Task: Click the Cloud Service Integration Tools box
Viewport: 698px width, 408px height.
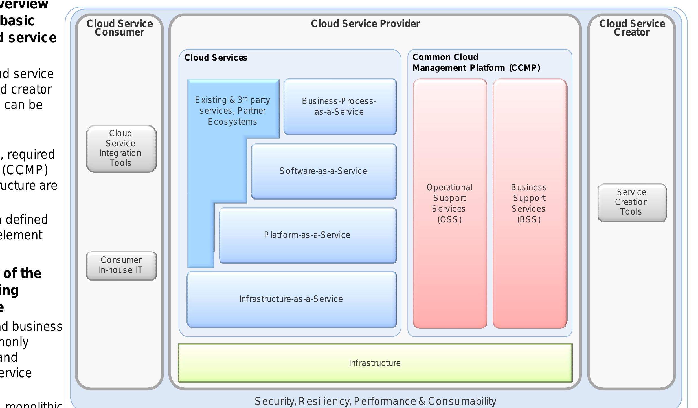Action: click(x=121, y=149)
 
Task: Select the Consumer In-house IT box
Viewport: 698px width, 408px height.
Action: click(x=121, y=265)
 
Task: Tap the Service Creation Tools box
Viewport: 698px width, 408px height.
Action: click(x=632, y=202)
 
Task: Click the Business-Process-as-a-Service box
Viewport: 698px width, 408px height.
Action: click(x=340, y=107)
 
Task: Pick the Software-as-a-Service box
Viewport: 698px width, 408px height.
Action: click(x=324, y=171)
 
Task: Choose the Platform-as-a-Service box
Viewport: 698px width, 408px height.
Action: click(x=308, y=235)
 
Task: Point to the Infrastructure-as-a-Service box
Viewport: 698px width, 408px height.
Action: click(x=291, y=299)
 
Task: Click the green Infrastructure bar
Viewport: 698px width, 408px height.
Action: click(x=375, y=363)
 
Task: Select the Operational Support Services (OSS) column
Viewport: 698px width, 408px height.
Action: click(x=450, y=203)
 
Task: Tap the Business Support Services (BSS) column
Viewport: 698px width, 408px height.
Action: click(x=530, y=203)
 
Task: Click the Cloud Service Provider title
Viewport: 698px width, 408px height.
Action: click(x=365, y=24)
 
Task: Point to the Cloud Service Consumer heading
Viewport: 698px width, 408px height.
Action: click(x=120, y=28)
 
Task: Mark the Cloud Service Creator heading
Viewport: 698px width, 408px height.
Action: click(x=632, y=28)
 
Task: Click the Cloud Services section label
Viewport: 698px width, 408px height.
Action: click(x=216, y=58)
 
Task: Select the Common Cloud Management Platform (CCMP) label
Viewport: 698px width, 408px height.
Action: click(x=476, y=63)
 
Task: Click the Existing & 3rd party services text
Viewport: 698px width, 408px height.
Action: click(x=232, y=111)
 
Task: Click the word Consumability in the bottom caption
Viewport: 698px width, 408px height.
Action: click(x=462, y=401)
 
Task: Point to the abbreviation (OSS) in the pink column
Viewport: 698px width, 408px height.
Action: click(x=450, y=220)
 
